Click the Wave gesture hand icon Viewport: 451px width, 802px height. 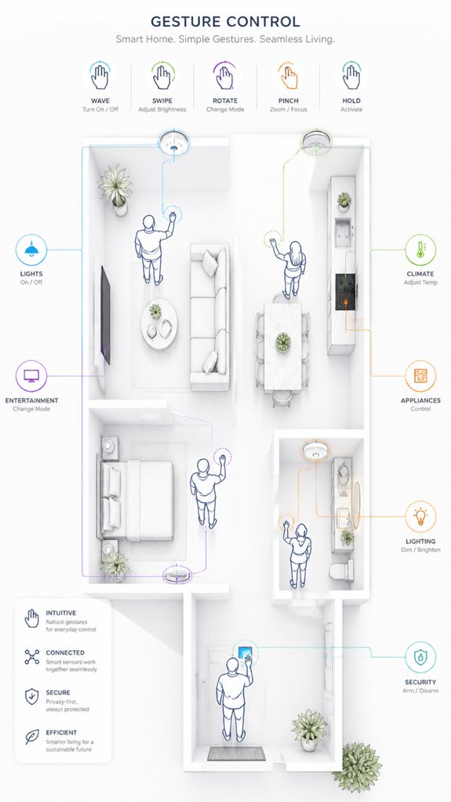click(100, 77)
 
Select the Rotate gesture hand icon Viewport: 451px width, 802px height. click(224, 77)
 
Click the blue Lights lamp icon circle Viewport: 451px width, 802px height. click(31, 250)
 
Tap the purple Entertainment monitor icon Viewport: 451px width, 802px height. click(31, 377)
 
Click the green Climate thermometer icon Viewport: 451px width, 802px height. click(420, 250)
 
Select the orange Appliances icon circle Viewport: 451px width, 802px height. click(420, 377)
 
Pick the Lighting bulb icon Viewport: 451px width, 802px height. click(420, 516)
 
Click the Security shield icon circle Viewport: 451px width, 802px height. click(420, 658)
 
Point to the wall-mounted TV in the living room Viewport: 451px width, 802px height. click(105, 315)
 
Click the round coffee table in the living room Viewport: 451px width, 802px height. click(159, 324)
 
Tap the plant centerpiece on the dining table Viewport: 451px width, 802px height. click(283, 341)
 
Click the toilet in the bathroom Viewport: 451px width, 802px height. click(341, 571)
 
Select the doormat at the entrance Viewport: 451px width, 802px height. click(236, 753)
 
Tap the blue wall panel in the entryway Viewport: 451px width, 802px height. click(245, 654)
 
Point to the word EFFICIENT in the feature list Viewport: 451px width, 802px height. click(61, 732)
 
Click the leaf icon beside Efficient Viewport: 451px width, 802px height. click(31, 737)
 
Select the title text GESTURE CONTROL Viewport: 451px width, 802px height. click(225, 21)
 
